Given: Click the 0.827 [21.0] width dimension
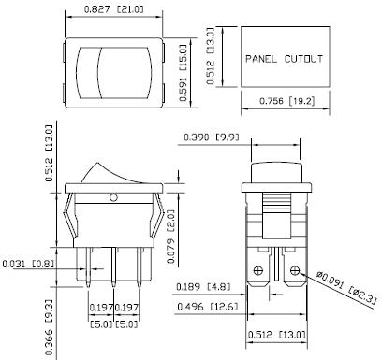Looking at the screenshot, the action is (x=113, y=9).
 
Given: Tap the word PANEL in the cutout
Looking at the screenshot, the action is (x=261, y=59).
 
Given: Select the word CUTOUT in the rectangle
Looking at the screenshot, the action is (x=303, y=59).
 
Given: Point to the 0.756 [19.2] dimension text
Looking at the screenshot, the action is (x=287, y=101).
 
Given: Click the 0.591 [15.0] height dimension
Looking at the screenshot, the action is (x=184, y=73).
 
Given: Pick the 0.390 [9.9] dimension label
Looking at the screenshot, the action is (x=212, y=137).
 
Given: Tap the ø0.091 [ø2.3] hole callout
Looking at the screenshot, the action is (x=348, y=287).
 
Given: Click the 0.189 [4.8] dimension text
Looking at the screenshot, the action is (x=203, y=286).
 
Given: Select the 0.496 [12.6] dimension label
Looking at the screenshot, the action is (x=207, y=307).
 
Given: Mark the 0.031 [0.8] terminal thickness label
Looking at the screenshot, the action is (x=28, y=264).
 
